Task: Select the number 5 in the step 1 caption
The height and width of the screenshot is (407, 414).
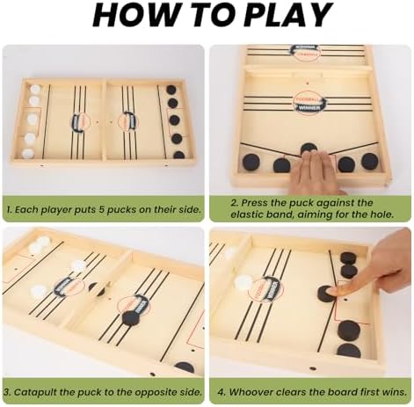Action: pos(102,210)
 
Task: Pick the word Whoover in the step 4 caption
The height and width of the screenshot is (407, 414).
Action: pos(251,392)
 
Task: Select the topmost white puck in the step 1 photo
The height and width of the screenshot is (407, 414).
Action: pos(35,89)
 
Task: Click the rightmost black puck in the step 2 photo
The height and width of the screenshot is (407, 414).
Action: pos(370,161)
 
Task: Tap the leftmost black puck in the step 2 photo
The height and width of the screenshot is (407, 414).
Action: pos(251,163)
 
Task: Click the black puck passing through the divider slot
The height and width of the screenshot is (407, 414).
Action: pos(98,289)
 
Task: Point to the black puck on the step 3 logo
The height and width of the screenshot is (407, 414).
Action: pos(131,318)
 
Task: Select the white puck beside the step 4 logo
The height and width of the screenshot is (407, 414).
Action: pos(243,282)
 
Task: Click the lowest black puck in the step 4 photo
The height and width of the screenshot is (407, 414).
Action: pos(349,351)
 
